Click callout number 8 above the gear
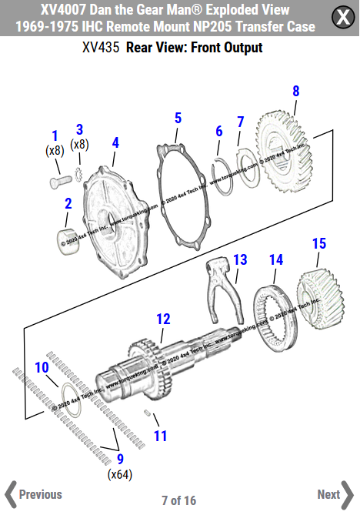tap(296, 92)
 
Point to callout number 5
tap(178, 118)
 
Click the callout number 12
tap(163, 318)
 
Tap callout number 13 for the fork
tap(240, 259)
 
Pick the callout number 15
tap(318, 244)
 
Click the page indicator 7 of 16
tap(178, 500)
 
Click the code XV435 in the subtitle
tap(100, 48)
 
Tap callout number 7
tap(240, 122)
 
